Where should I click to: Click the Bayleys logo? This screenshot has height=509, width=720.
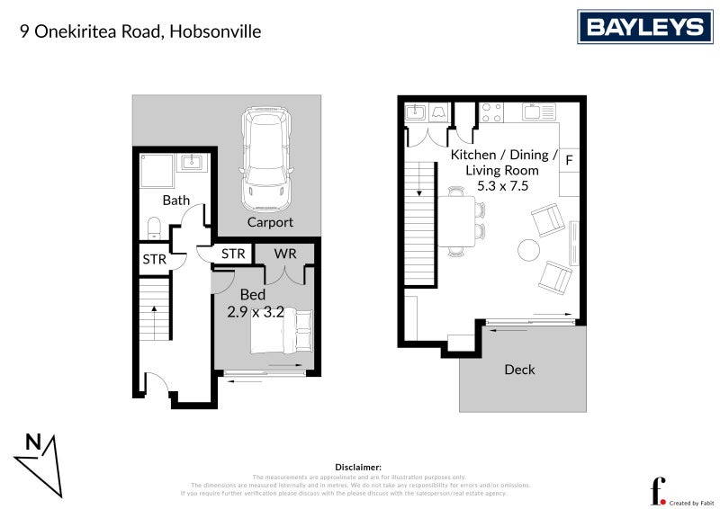[x=644, y=27]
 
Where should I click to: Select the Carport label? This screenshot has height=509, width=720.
[x=270, y=222]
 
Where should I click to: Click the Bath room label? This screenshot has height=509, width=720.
[x=175, y=200]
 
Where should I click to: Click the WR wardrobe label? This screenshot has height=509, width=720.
[x=286, y=254]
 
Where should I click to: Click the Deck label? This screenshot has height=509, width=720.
[x=519, y=369]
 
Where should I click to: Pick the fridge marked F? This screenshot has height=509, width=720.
[x=570, y=161]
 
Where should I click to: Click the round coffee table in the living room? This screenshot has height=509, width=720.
[x=528, y=248]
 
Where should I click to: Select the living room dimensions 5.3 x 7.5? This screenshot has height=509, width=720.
[x=502, y=186]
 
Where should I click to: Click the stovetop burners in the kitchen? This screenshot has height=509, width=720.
[x=492, y=112]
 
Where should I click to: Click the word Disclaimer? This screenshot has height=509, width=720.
[x=359, y=468]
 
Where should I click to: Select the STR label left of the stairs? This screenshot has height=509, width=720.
[x=154, y=259]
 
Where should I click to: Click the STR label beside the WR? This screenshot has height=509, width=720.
[x=233, y=254]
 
